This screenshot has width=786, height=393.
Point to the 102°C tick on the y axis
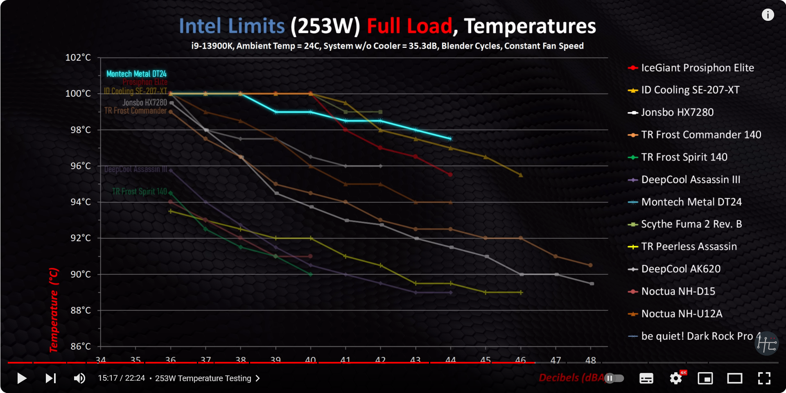coord(78,58)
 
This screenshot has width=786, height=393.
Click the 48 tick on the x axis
coord(590,360)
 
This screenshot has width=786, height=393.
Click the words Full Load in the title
coord(409,26)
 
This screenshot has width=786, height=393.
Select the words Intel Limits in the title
coord(232,26)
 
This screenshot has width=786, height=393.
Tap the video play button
coord(22,378)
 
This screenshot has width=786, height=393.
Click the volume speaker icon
coord(79,378)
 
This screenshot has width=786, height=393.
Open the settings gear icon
coord(676,378)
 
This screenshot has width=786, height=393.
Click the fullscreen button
coord(764,378)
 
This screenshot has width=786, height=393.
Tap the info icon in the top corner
coord(768,15)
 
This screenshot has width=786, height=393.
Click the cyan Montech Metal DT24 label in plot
coord(136,74)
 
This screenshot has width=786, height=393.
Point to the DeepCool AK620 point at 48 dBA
coord(592,284)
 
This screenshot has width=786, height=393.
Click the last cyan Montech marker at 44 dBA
coord(450,139)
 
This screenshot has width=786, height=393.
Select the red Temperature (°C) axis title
coord(54,310)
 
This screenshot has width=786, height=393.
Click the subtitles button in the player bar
coord(646,378)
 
